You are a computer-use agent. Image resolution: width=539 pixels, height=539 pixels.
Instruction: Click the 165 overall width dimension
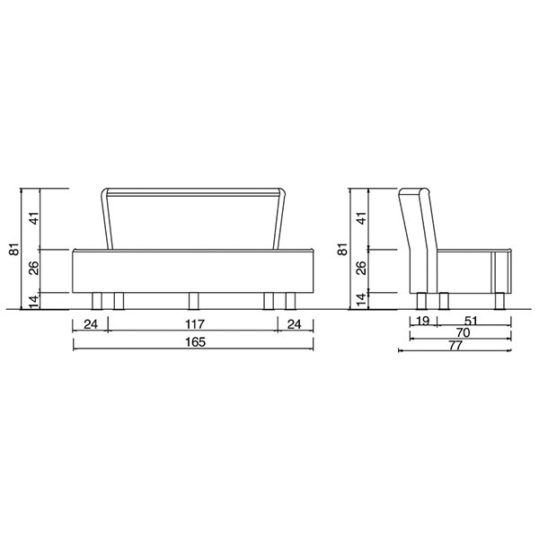click(195, 342)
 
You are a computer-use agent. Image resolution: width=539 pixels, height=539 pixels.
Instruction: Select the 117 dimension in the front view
click(195, 324)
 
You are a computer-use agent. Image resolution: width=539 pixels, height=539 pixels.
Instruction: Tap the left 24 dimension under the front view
click(91, 324)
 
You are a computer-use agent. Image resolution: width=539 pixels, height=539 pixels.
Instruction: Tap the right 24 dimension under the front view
click(295, 324)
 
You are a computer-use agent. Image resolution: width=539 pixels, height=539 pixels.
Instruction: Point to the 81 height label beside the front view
click(14, 249)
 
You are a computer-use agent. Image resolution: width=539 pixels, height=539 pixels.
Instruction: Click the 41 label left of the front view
click(34, 218)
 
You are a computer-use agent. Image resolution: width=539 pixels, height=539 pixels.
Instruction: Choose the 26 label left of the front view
click(34, 268)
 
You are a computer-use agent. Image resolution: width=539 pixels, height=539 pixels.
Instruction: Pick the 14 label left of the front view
click(34, 302)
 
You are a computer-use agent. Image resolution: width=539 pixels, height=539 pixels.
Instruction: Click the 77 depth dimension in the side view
click(455, 346)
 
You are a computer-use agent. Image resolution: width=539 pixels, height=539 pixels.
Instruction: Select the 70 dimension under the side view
click(463, 332)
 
